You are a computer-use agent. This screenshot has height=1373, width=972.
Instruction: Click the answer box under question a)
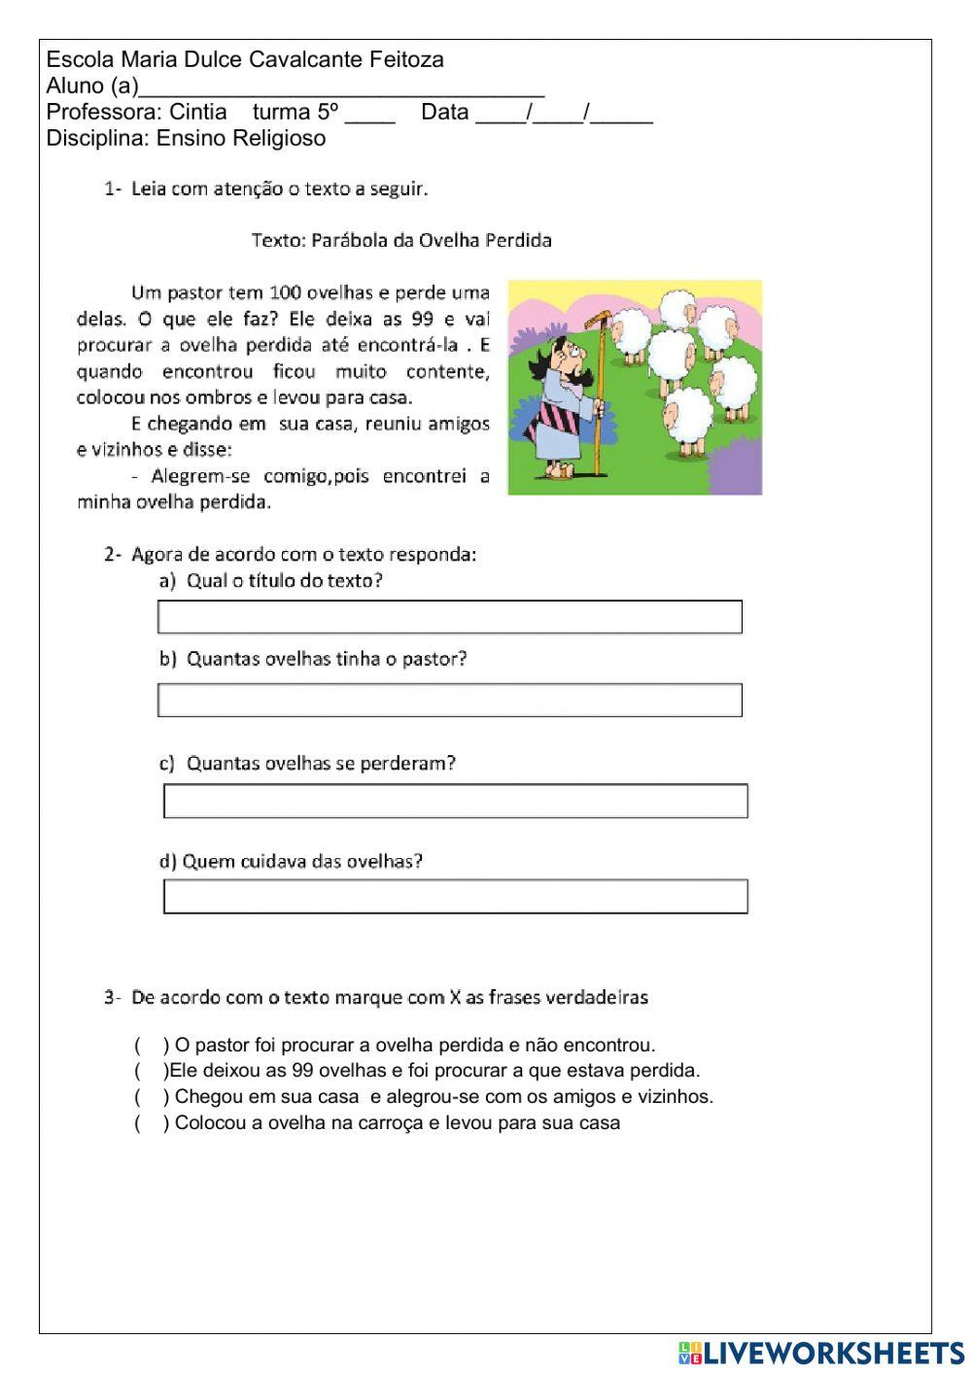pyautogui.click(x=449, y=617)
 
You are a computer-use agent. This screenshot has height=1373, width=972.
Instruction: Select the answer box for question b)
pyautogui.click(x=449, y=700)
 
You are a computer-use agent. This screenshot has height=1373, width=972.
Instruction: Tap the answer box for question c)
pyautogui.click(x=455, y=801)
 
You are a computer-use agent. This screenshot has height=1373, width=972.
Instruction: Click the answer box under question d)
pyautogui.click(x=455, y=896)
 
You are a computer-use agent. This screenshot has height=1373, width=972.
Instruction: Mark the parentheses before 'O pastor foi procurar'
pyautogui.click(x=152, y=1046)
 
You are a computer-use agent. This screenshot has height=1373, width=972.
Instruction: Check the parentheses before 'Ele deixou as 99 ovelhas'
pyautogui.click(x=151, y=1071)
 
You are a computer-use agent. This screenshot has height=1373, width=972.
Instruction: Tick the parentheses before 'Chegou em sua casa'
pyautogui.click(x=152, y=1097)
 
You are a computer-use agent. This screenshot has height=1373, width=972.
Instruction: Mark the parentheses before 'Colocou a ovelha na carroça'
pyautogui.click(x=152, y=1123)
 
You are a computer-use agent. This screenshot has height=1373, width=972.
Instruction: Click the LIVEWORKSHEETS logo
pyautogui.click(x=820, y=1353)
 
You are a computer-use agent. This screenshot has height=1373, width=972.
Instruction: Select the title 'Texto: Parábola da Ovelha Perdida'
pyautogui.click(x=401, y=240)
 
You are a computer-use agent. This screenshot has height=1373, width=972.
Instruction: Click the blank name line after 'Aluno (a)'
pyautogui.click(x=340, y=87)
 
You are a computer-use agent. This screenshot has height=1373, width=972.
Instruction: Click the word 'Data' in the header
pyautogui.click(x=444, y=112)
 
